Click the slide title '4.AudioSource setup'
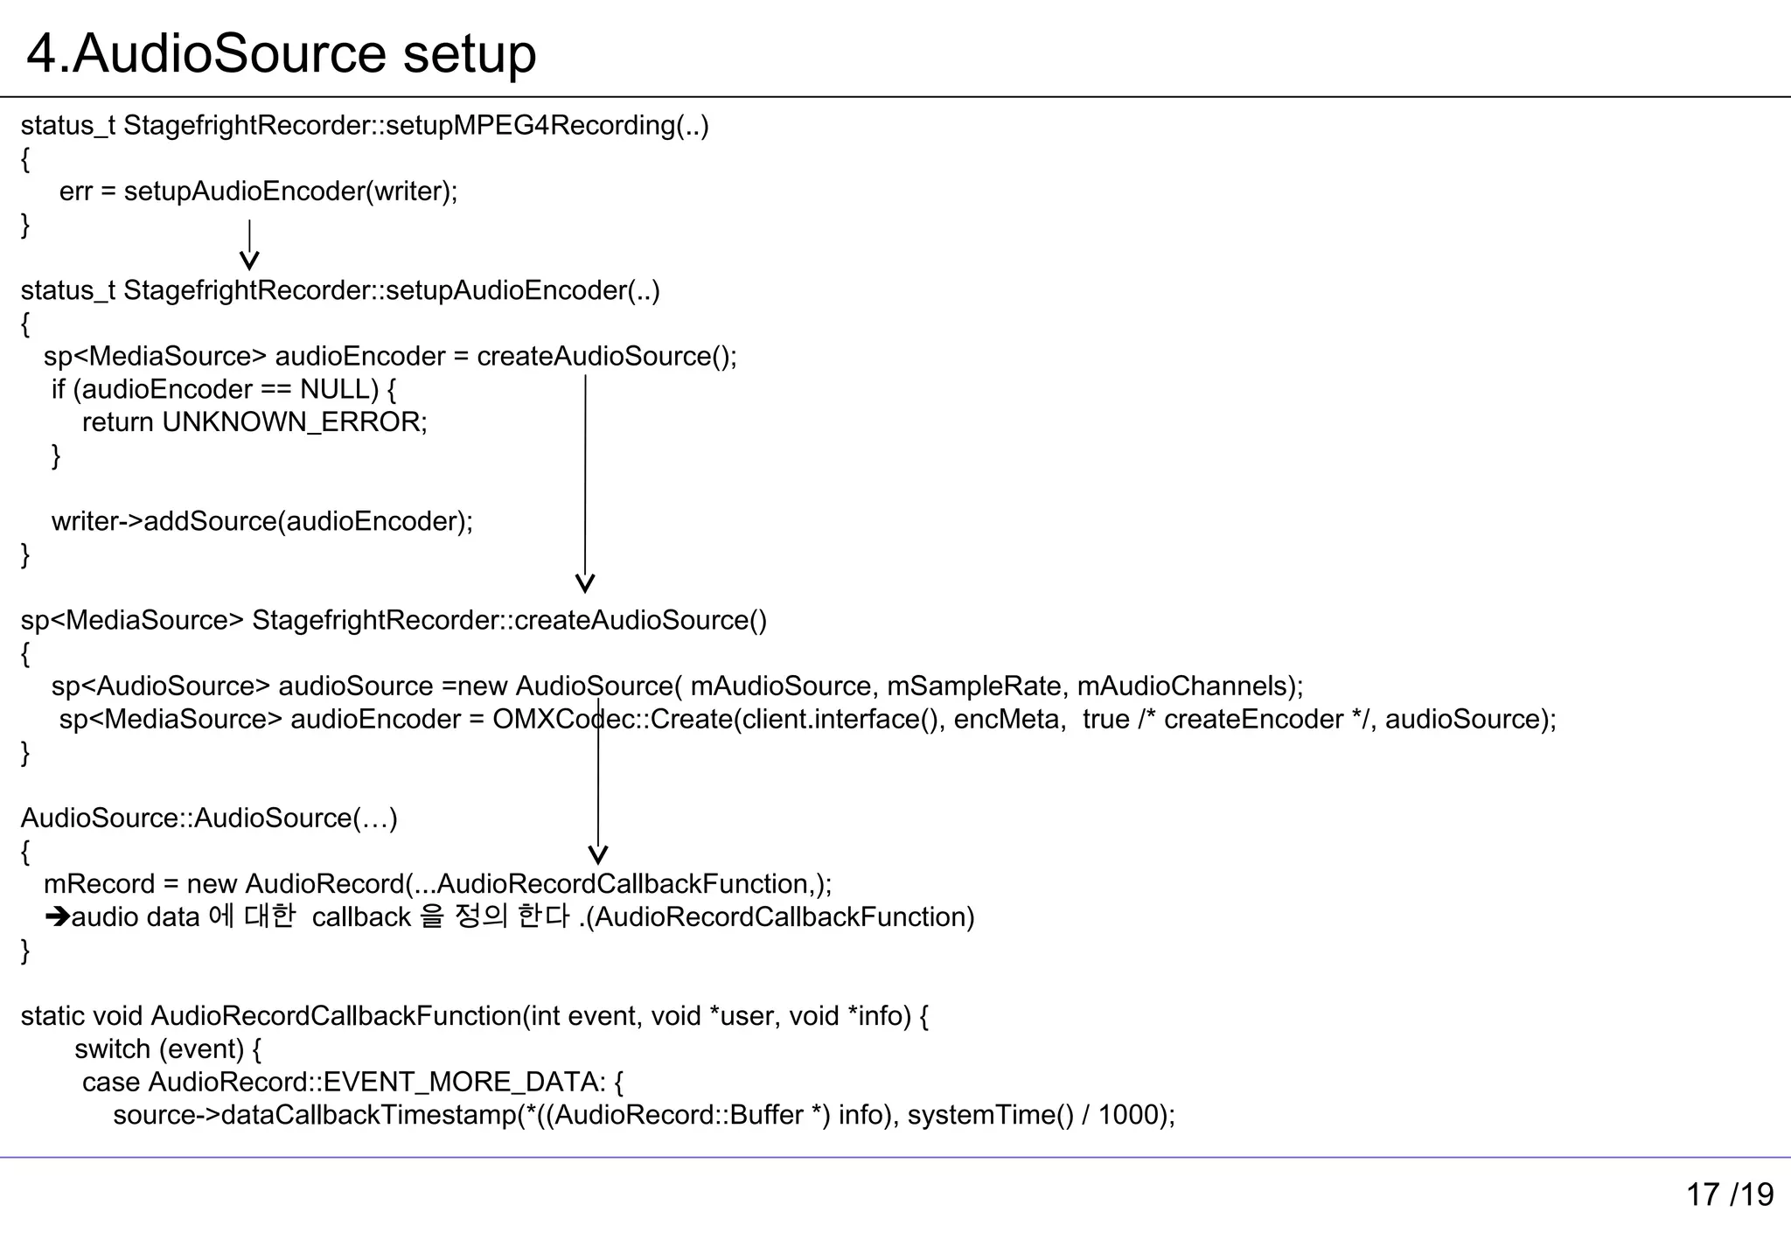(281, 53)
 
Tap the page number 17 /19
(1729, 1195)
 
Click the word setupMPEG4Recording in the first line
(530, 126)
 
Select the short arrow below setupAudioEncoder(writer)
(249, 245)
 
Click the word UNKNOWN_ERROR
(293, 422)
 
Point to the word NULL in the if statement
(338, 389)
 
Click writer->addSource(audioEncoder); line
(261, 521)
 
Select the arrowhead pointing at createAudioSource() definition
(585, 583)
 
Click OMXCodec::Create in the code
(612, 720)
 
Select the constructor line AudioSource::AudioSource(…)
(209, 819)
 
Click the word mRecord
(98, 884)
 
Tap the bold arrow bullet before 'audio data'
(58, 917)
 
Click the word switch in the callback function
(112, 1049)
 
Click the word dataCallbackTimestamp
(368, 1116)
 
